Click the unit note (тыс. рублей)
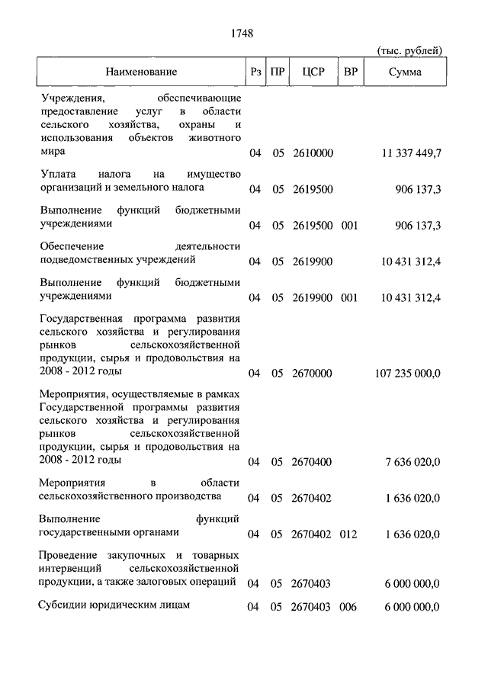(x=409, y=51)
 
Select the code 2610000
(x=313, y=153)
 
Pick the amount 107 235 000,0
(x=408, y=373)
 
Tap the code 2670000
(x=313, y=373)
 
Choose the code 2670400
(x=313, y=461)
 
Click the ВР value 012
(x=349, y=534)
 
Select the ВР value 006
(x=349, y=607)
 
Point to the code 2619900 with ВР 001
(x=313, y=297)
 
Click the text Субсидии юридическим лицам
(x=114, y=605)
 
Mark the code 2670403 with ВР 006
(x=313, y=607)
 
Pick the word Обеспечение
(x=70, y=246)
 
